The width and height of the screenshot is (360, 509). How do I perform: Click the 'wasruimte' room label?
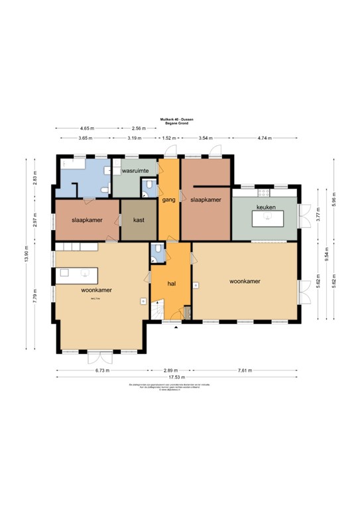[134, 170]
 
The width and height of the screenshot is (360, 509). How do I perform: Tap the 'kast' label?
[139, 219]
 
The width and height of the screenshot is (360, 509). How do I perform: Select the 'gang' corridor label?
[168, 199]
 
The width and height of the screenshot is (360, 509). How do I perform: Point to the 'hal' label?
[171, 283]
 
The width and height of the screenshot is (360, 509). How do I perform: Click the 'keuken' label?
[266, 207]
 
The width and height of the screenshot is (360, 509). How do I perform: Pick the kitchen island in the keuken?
[265, 218]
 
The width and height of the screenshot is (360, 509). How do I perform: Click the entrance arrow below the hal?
[176, 327]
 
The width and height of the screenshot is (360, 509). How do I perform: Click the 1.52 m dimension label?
[170, 138]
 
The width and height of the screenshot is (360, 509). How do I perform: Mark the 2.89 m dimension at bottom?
[172, 370]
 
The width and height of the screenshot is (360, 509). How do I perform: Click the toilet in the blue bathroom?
[104, 191]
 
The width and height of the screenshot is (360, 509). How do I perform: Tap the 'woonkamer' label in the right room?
[245, 281]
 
